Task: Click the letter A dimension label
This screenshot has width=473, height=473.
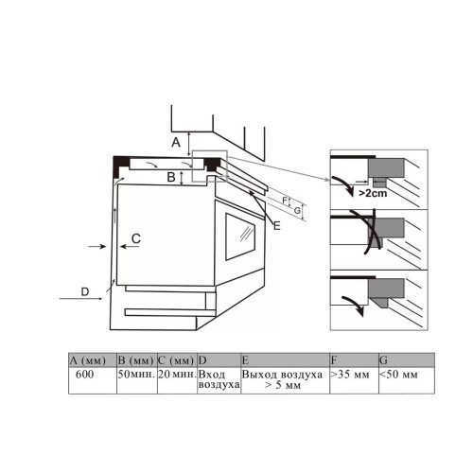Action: click(x=176, y=143)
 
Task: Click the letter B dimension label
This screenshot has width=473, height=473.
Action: click(x=171, y=177)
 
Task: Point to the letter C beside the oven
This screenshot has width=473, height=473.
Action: click(x=136, y=238)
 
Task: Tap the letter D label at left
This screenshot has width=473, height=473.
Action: click(x=85, y=292)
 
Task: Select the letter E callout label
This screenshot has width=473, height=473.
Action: click(x=276, y=226)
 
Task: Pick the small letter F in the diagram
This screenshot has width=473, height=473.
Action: click(x=285, y=201)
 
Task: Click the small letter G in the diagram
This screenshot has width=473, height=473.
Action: click(x=297, y=210)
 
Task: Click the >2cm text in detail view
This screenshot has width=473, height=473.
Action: click(x=373, y=193)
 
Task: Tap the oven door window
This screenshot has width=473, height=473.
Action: click(x=240, y=236)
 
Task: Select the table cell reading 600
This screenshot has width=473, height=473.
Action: click(x=93, y=380)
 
